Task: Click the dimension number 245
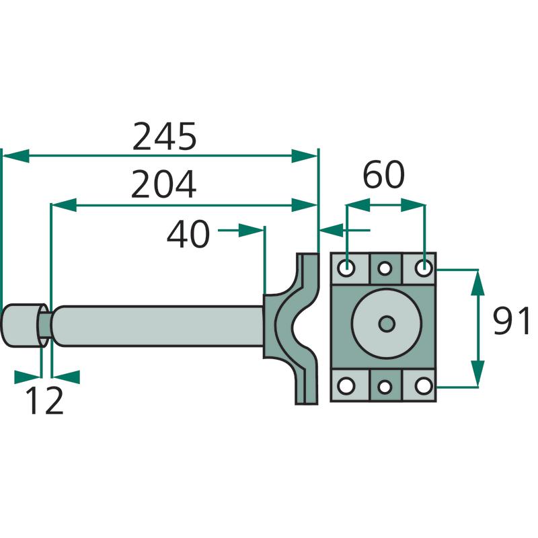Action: pyautogui.click(x=164, y=137)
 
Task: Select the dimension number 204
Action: pyautogui.click(x=163, y=185)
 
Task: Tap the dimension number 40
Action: pyautogui.click(x=189, y=235)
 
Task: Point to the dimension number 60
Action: pyautogui.click(x=383, y=176)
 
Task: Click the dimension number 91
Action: pyautogui.click(x=512, y=321)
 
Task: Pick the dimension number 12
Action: pyautogui.click(x=45, y=401)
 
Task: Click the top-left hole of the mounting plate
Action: pyautogui.click(x=347, y=268)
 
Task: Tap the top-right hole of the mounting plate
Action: pyautogui.click(x=423, y=268)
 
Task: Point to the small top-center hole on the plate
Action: pyautogui.click(x=385, y=269)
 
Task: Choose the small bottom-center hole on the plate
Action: pyautogui.click(x=385, y=387)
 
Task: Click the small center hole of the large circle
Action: pyautogui.click(x=386, y=324)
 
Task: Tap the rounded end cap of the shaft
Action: pyautogui.click(x=20, y=325)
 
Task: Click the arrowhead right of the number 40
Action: pyautogui.click(x=253, y=231)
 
